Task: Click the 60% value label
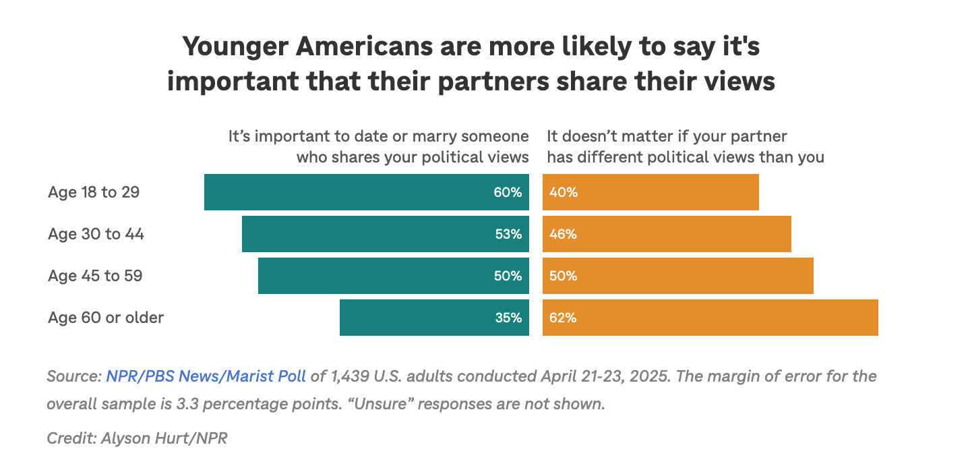[x=508, y=192]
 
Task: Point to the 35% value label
[x=508, y=318]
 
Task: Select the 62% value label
[x=563, y=318]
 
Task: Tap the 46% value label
[x=563, y=234]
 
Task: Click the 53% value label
[x=508, y=234]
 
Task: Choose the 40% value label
[x=563, y=192]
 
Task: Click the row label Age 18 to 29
[x=94, y=192]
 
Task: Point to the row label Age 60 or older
[x=106, y=318]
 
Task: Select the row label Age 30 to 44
[x=96, y=234]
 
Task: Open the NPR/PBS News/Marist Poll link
[x=206, y=376]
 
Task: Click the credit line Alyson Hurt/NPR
[x=164, y=438]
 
